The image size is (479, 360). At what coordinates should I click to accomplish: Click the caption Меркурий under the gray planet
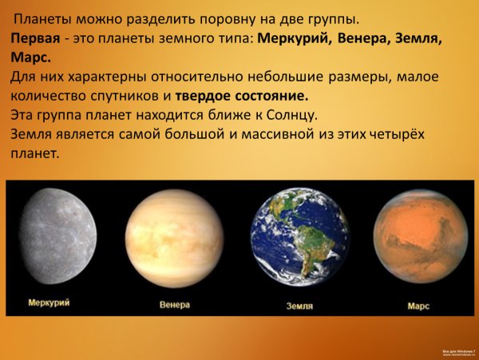click(49, 303)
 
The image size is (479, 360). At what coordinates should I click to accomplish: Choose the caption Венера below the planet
click(175, 305)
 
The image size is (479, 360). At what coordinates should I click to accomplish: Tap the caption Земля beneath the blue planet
click(299, 306)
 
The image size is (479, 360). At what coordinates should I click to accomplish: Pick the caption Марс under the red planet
click(418, 306)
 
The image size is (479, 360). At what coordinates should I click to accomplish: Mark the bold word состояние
click(275, 97)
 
